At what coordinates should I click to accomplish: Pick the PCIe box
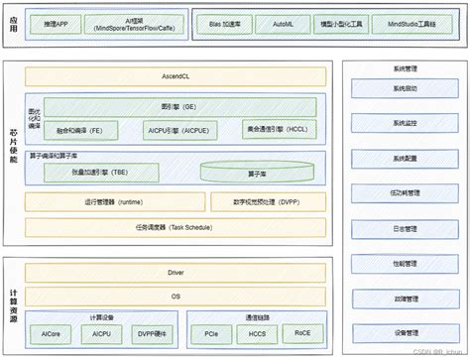click(x=211, y=335)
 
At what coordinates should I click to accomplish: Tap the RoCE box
click(x=301, y=335)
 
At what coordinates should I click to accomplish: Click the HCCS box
click(x=257, y=335)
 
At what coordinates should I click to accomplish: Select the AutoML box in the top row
click(x=281, y=22)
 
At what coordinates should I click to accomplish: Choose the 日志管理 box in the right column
click(x=405, y=228)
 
